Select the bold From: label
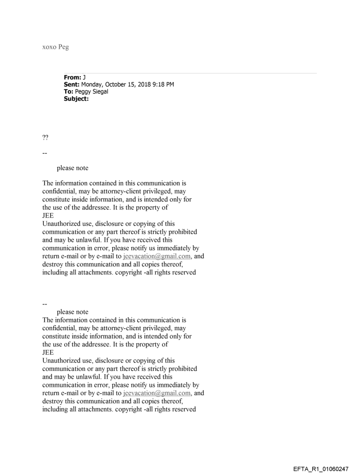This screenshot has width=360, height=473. coord(72,78)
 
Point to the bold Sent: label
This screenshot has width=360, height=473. coord(72,85)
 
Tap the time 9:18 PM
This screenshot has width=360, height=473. coord(165,85)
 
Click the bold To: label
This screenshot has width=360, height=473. coord(69,91)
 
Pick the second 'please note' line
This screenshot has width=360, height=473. coord(72,312)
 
